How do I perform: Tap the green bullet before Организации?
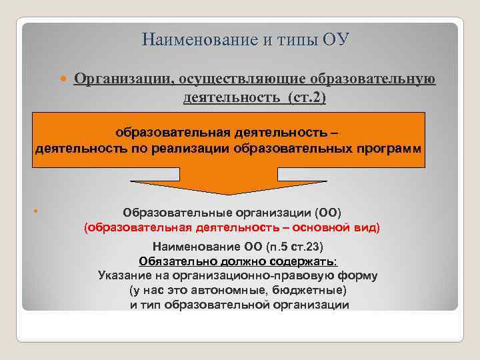64,79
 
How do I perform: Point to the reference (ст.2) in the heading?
307,97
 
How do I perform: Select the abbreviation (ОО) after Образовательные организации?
328,213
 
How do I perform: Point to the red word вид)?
366,228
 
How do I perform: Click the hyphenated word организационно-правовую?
251,275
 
